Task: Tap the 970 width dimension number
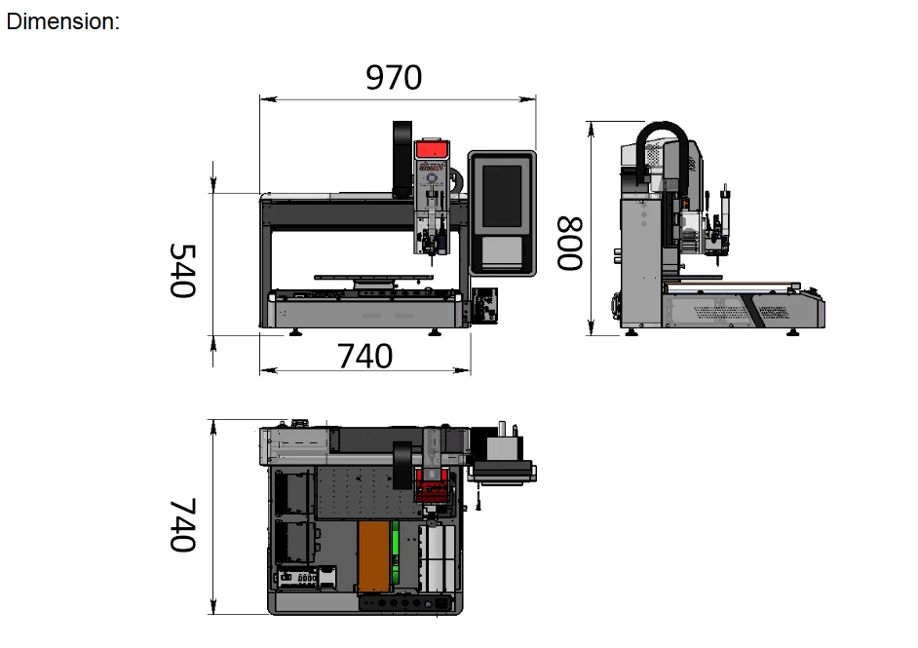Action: tap(394, 77)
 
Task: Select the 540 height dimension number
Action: tap(182, 271)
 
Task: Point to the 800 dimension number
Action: tap(570, 244)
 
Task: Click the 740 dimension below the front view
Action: tap(364, 356)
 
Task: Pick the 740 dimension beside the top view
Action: tap(182, 525)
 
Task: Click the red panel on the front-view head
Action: tap(432, 149)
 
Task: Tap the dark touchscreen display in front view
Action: tap(502, 196)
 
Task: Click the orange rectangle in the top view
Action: tap(373, 556)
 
